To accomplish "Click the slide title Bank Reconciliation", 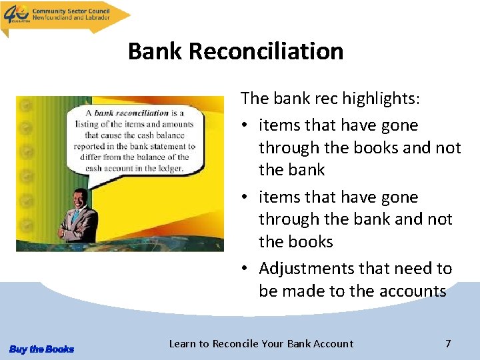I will pos(235,51).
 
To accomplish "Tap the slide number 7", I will pos(448,344).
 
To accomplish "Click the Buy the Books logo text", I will pos(41,349).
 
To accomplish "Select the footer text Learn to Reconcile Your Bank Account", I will pos(261,344).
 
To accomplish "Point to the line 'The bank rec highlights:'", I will pos(331,99).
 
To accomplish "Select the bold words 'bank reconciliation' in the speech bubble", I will pos(131,113).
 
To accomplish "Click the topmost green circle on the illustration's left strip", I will pos(25,105).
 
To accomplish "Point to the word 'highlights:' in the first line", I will pos(382,99).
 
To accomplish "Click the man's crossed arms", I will pos(76,230).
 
